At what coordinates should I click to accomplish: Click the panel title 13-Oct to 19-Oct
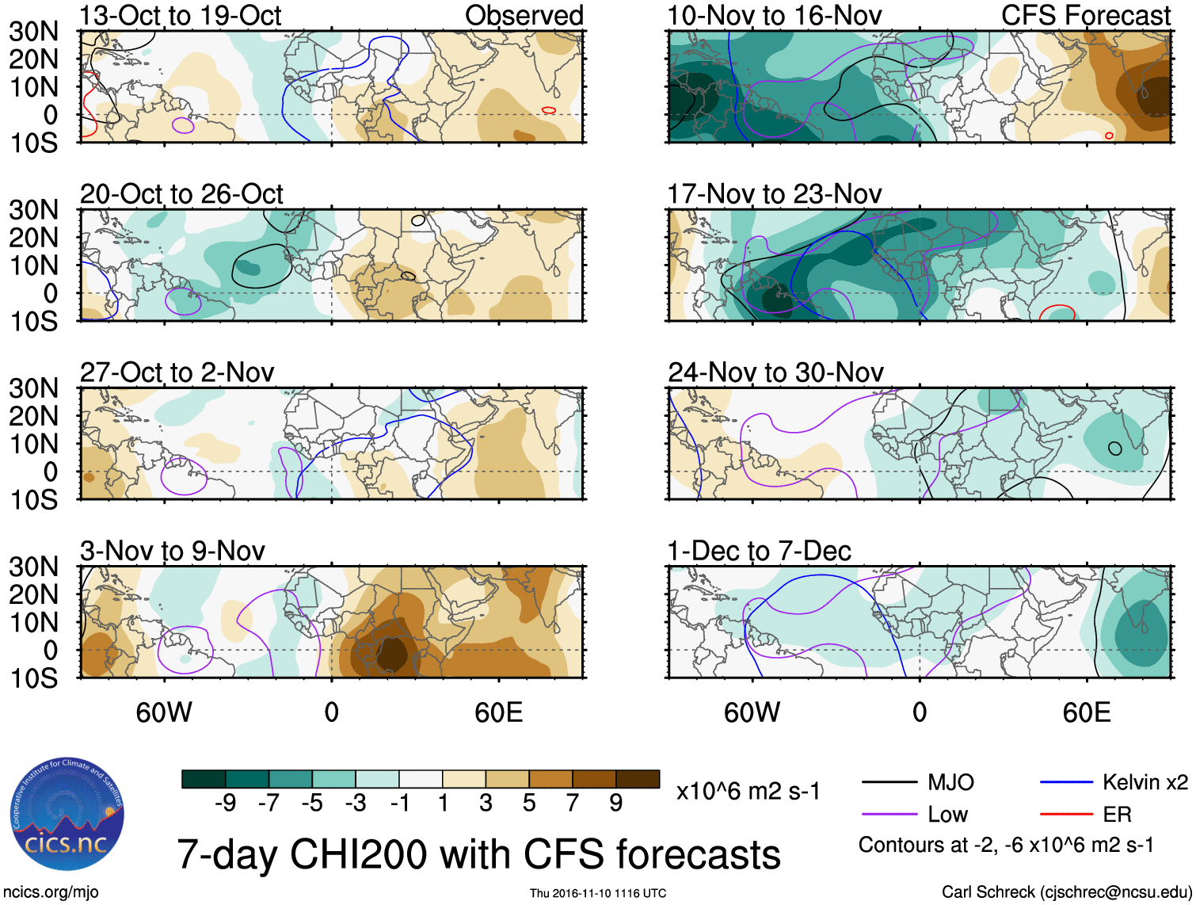181,16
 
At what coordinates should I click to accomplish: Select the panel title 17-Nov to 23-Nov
774,194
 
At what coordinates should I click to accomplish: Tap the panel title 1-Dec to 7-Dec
759,551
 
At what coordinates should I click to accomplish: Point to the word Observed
524,16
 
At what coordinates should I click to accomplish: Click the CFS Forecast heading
1085,16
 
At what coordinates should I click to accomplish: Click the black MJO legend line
889,783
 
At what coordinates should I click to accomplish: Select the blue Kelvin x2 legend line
1066,783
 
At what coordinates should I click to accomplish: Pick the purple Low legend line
889,815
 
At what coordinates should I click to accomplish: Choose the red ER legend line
1066,815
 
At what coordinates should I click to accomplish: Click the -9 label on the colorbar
226,804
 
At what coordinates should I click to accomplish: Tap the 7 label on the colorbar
573,804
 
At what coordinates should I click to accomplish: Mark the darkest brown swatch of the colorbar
638,779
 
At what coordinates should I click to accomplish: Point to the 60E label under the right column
1086,712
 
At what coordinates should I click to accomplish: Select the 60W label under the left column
164,712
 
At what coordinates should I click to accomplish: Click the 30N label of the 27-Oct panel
34,388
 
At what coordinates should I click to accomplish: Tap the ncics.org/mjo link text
51,892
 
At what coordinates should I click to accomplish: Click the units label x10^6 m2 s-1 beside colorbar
748,792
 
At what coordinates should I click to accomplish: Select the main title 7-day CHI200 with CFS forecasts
478,854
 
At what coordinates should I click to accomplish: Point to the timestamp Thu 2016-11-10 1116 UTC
598,893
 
